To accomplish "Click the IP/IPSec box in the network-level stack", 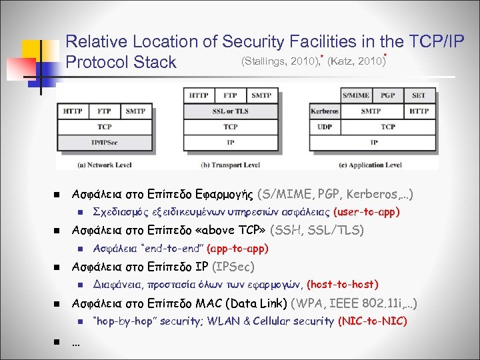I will (x=105, y=141).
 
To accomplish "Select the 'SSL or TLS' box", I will (x=230, y=111).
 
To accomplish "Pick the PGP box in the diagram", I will (x=389, y=95).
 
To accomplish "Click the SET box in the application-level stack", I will (x=419, y=95).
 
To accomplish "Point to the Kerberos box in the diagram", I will (x=325, y=111).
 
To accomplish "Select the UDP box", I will (x=325, y=127).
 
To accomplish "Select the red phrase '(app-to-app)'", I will (x=238, y=249).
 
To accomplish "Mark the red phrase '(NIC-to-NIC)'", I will (x=373, y=321).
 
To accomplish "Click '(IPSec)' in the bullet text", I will (x=233, y=267).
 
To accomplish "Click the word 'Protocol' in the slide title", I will (x=98, y=63).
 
